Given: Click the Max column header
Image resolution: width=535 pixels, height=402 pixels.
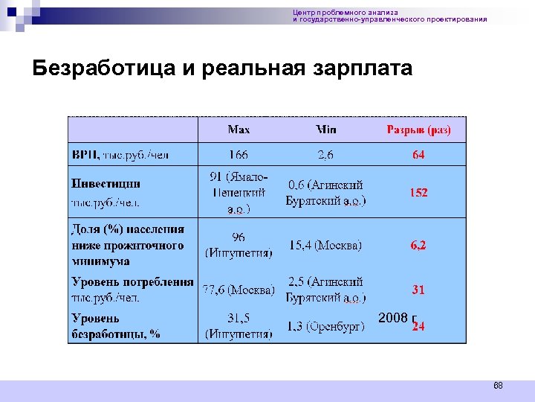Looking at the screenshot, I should pos(239,130).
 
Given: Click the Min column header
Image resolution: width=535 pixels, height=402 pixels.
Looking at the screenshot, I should pos(325,130).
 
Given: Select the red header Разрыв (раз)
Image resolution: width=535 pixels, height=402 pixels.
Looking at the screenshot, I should pos(418,130).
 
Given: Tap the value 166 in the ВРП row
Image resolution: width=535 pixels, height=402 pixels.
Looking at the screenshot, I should pos(239,155).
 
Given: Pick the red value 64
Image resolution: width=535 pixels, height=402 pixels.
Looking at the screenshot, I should pos(418,155).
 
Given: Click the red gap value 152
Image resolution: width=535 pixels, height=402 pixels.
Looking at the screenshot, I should pos(418,192).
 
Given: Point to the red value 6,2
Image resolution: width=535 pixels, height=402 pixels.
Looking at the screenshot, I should pos(418,245).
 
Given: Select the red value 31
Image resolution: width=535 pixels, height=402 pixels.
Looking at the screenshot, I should pos(418,290).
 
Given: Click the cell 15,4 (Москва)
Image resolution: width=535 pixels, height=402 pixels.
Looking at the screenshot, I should pos(325,245).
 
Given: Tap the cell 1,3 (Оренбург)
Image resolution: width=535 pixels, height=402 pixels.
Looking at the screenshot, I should pos(325,327).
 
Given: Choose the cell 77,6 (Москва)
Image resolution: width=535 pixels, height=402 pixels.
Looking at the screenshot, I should pos(239,289).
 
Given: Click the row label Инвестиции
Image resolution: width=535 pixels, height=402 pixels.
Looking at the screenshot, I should pos(106,183).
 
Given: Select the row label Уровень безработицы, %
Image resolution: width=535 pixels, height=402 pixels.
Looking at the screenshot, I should pos(115,326).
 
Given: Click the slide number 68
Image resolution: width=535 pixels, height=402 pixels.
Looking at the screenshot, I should pos(498,386).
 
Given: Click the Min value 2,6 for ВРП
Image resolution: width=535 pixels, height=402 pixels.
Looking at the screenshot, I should pos(325,155).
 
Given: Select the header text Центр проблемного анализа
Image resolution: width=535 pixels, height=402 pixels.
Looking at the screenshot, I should pos(346,12).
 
